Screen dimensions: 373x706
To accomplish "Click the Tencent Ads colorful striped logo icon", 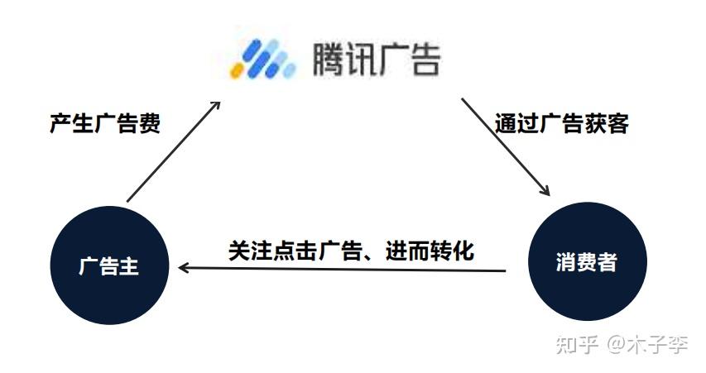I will (x=262, y=59).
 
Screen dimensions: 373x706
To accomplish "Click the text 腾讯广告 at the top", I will (x=376, y=58).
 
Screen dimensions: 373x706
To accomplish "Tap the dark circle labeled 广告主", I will (x=109, y=266).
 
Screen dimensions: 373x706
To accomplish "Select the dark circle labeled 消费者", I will (x=587, y=262).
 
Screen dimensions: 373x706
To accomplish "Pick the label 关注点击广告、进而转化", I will (x=351, y=250).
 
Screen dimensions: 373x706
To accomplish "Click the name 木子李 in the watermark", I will (x=659, y=344).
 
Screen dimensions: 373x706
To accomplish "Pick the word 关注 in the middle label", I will (x=249, y=250).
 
